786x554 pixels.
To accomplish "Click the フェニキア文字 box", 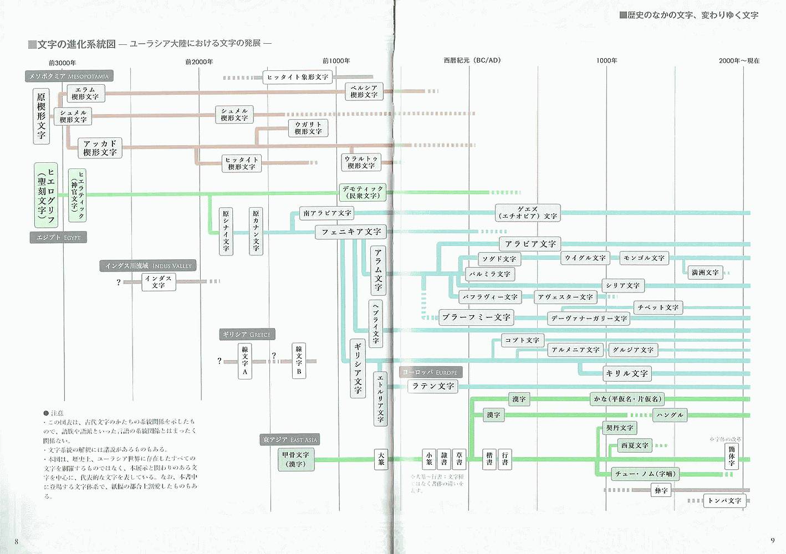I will coord(351,232).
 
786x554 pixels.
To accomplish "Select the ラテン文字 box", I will coord(433,386).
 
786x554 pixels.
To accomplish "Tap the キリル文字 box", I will coord(626,373).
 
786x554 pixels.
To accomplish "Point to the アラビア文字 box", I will coord(530,244).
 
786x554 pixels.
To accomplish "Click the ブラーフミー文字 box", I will coord(476,317).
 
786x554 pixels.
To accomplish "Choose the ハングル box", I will coord(670,415).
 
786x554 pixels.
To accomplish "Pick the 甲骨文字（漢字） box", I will coord(296,459).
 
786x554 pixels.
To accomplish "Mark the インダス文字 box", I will coord(159,282).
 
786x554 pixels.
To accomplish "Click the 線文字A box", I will coord(245,361).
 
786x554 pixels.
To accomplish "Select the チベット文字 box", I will coord(658,307).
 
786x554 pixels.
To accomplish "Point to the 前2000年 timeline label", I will coord(199,61).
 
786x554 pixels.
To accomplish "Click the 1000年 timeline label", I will coord(606,60).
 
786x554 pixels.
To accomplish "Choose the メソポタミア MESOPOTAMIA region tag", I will coord(69,76).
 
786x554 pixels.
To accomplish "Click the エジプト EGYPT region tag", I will coord(58,238).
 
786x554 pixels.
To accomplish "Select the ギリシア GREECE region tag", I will coord(247,335).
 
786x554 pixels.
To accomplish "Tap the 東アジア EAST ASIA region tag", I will coord(290,440).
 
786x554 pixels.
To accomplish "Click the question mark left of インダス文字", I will coord(119,282).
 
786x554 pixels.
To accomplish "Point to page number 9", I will coord(772,541).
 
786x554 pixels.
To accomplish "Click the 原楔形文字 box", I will coord(41,116).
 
